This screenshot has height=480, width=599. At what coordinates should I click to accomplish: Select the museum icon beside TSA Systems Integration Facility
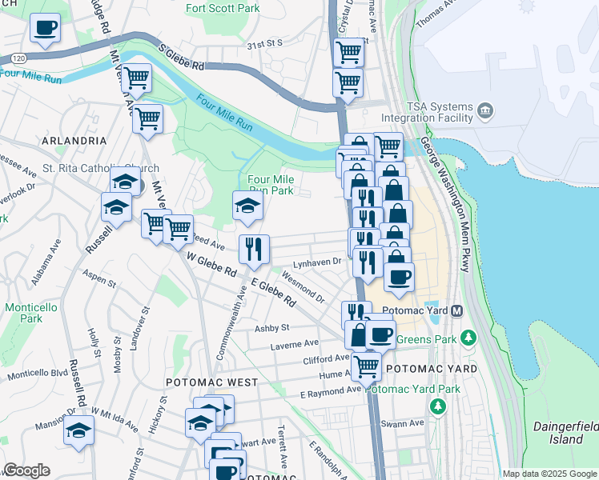(484, 110)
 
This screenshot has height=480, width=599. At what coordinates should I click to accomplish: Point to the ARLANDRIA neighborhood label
(75, 140)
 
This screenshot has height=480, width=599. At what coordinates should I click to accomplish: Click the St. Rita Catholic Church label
(101, 169)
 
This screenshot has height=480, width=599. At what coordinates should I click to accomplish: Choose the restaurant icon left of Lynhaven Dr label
(254, 249)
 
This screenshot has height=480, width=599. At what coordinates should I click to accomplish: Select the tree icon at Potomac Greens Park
(472, 338)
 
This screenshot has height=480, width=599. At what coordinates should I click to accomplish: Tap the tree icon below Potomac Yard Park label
(438, 406)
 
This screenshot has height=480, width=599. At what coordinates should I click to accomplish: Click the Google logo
(26, 470)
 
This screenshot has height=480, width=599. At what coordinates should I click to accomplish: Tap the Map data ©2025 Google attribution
(549, 474)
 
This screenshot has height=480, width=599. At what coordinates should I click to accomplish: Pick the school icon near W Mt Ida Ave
(78, 431)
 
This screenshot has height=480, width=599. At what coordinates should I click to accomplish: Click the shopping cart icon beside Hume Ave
(366, 367)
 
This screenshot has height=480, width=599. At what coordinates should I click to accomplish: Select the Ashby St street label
(271, 328)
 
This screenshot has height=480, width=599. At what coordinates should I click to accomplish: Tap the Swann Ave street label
(404, 422)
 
